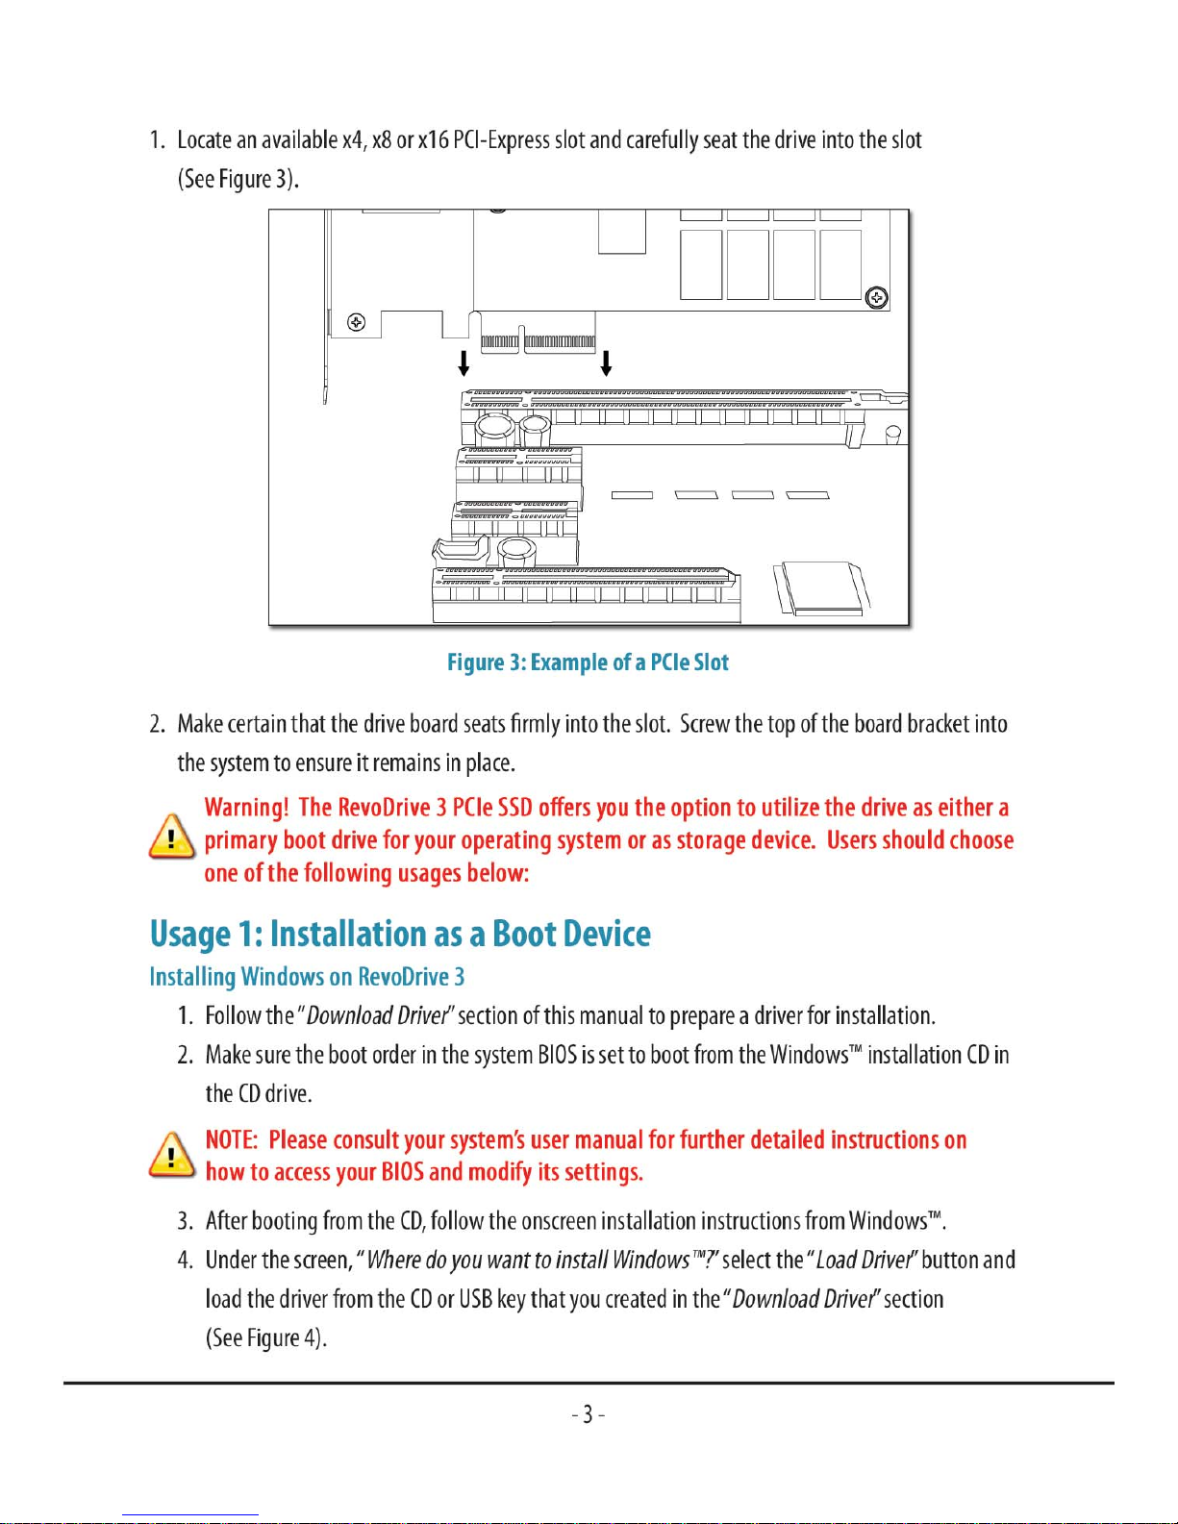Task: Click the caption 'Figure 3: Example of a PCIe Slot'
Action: click(588, 662)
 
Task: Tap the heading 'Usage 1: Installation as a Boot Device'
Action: click(400, 934)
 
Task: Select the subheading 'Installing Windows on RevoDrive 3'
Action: click(307, 977)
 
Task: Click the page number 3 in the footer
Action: click(588, 1414)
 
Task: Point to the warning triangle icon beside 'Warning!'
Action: click(172, 837)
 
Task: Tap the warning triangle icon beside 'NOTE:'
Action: click(172, 1155)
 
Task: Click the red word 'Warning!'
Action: click(246, 808)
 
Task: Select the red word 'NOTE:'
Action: click(232, 1140)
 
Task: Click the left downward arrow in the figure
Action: click(464, 363)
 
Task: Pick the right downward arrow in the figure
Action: click(606, 363)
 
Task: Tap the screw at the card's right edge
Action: click(877, 297)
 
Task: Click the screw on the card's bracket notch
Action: click(357, 322)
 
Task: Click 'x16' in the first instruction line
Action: click(433, 140)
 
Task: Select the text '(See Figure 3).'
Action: click(238, 180)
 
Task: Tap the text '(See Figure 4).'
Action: click(266, 1338)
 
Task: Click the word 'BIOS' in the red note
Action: click(403, 1173)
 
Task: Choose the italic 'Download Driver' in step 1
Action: click(377, 1016)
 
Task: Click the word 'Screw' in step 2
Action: click(705, 724)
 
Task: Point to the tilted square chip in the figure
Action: click(821, 588)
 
